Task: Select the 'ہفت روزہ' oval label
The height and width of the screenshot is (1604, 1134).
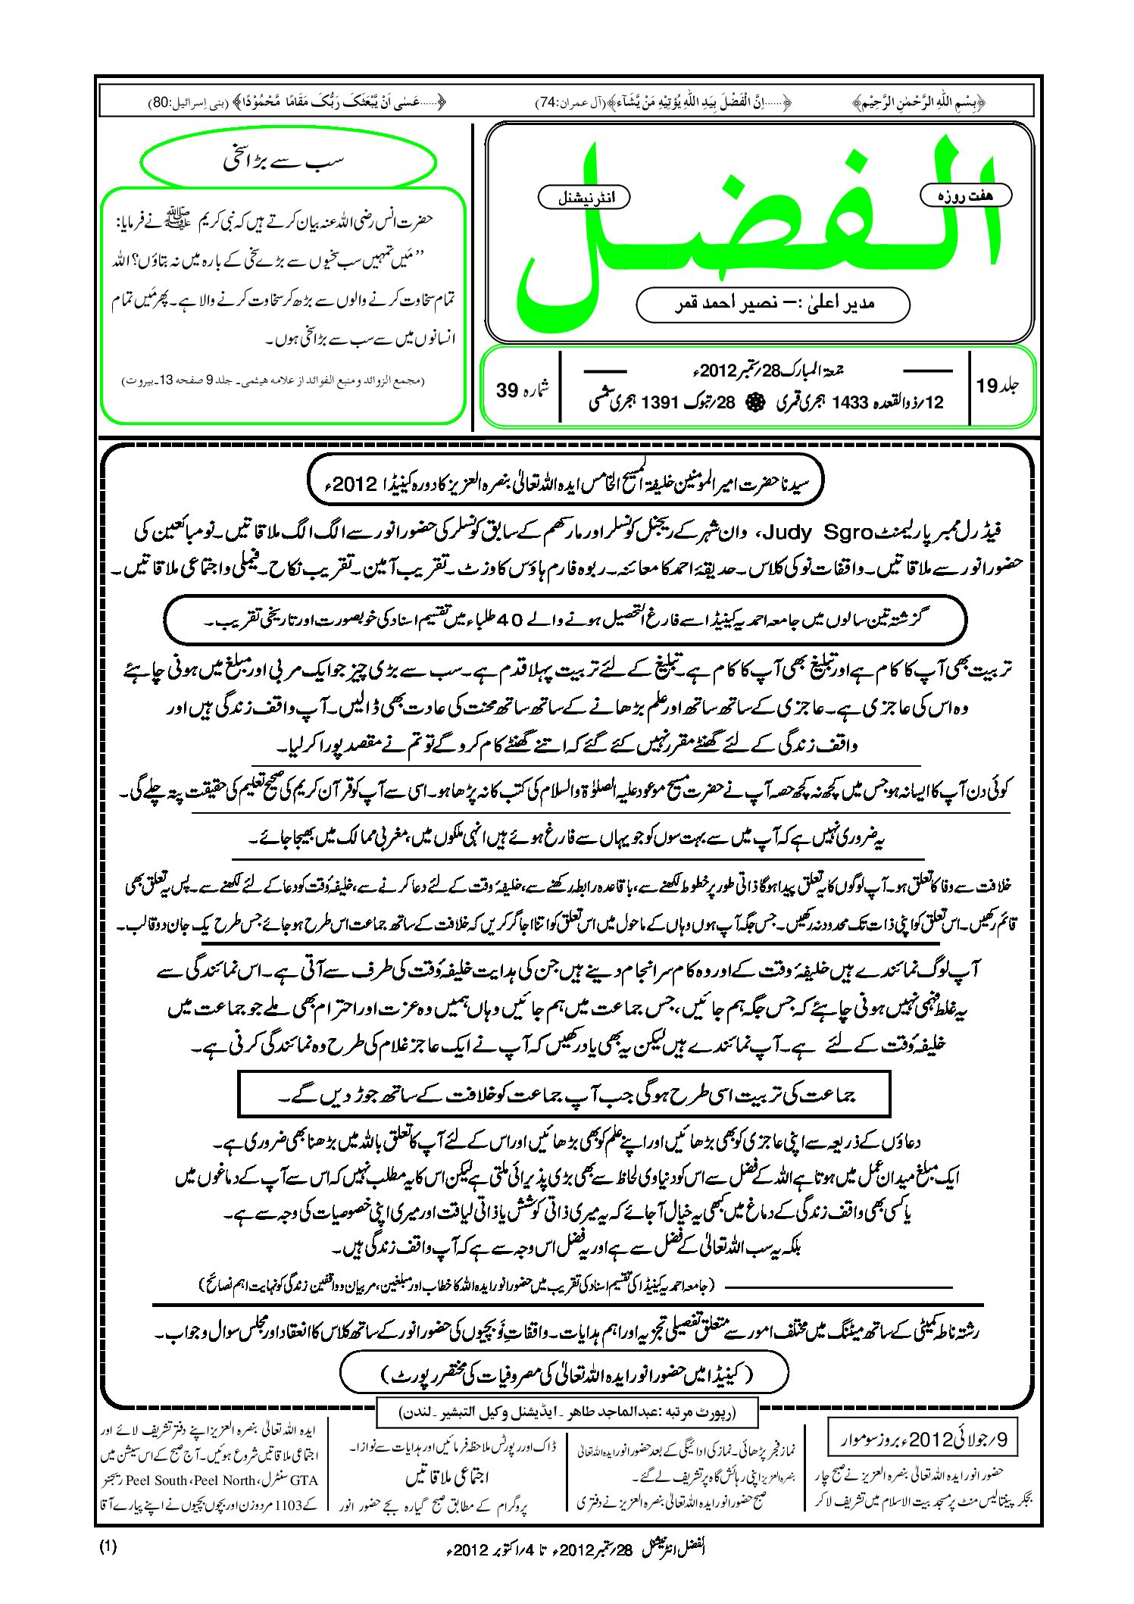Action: coord(966,195)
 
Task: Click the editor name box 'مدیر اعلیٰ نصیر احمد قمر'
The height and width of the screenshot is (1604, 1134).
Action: coord(773,304)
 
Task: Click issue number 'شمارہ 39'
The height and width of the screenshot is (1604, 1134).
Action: coord(523,389)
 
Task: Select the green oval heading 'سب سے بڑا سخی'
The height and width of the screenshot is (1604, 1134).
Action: coord(289,161)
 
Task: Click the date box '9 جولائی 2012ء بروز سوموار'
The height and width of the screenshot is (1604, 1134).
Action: coord(920,1440)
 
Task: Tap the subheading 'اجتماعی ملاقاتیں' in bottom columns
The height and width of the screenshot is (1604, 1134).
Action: coord(448,1477)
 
